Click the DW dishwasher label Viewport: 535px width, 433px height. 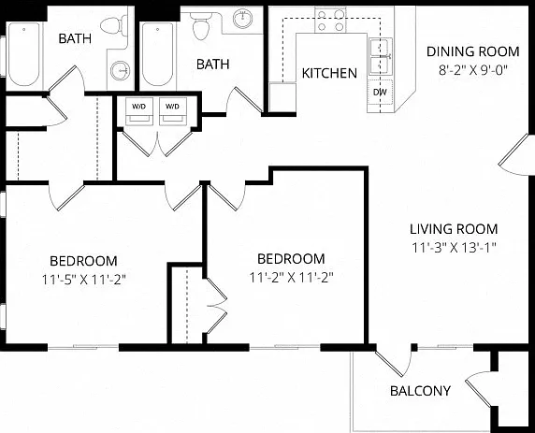coord(380,92)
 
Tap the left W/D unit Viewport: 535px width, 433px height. coord(138,111)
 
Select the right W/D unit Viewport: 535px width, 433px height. coord(173,111)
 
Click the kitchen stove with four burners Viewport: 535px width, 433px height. coord(330,21)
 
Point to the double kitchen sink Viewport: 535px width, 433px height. coord(381,57)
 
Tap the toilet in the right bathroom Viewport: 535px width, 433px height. coord(201,25)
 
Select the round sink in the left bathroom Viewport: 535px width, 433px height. coord(120,70)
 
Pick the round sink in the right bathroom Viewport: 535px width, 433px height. coord(242,19)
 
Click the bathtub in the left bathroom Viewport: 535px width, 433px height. coord(24,54)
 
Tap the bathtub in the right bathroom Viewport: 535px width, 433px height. coord(158,54)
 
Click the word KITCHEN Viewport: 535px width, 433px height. coord(329,73)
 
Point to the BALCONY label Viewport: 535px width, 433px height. coord(420,391)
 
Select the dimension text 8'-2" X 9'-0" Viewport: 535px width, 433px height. coord(473,70)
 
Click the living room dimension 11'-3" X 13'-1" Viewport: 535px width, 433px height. coord(454,248)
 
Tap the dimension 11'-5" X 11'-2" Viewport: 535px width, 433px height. coord(84,280)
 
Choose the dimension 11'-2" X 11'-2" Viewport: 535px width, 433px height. coord(291,278)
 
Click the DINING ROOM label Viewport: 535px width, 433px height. coord(473,51)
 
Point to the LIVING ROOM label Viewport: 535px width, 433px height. coord(454,229)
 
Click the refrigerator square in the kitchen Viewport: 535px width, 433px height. coord(282,97)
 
